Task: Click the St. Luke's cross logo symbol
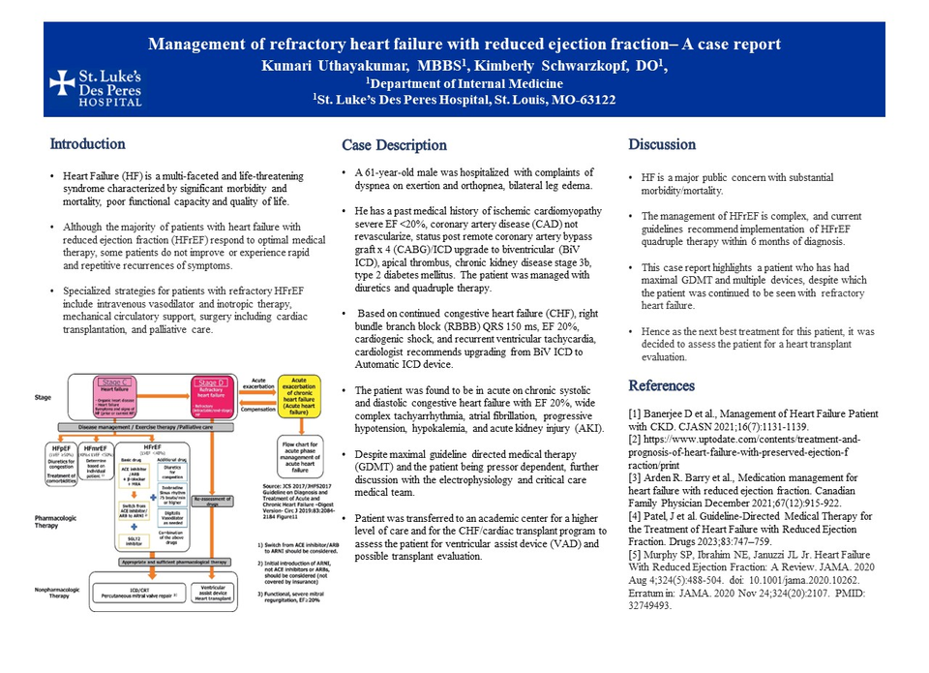(62, 82)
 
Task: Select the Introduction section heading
(88, 144)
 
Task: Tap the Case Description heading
(394, 145)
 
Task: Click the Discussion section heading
(662, 144)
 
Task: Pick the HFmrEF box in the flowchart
(96, 464)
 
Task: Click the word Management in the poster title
(199, 45)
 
